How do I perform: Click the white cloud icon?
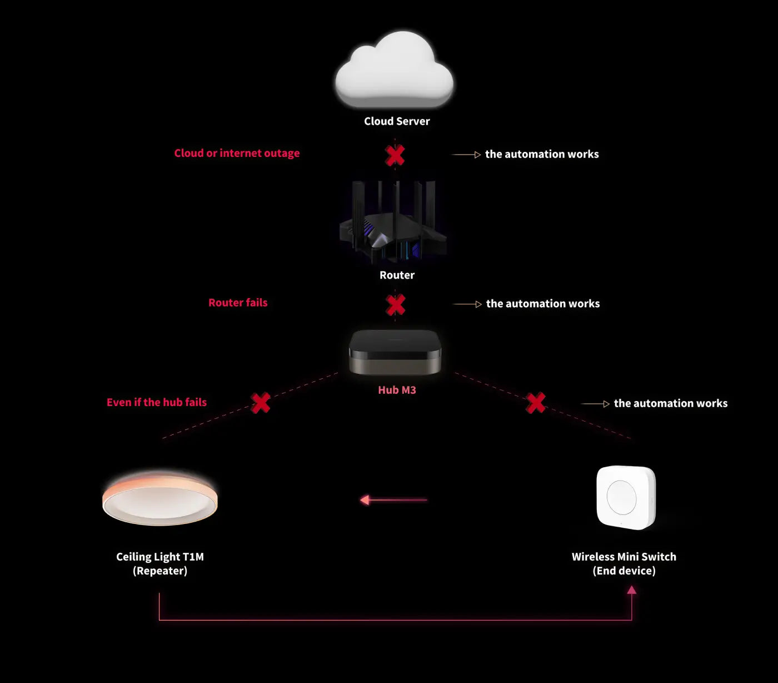click(x=394, y=71)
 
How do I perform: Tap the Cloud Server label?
click(x=397, y=121)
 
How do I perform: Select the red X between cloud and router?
click(x=395, y=155)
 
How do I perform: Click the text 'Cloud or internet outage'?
click(x=237, y=154)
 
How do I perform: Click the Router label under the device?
click(x=397, y=275)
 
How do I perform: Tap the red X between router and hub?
click(x=395, y=305)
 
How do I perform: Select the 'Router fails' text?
click(x=238, y=303)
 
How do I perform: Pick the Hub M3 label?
click(x=397, y=390)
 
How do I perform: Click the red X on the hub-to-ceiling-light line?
click(x=260, y=403)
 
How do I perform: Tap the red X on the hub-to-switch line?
click(x=536, y=403)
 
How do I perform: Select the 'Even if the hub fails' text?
click(x=157, y=403)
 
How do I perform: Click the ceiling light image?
click(x=160, y=499)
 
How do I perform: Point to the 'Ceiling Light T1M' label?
click(x=160, y=557)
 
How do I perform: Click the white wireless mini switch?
click(x=626, y=497)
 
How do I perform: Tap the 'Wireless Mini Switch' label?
click(x=624, y=557)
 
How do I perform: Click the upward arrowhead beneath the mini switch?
click(x=631, y=590)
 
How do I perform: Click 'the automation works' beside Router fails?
click(x=542, y=304)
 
